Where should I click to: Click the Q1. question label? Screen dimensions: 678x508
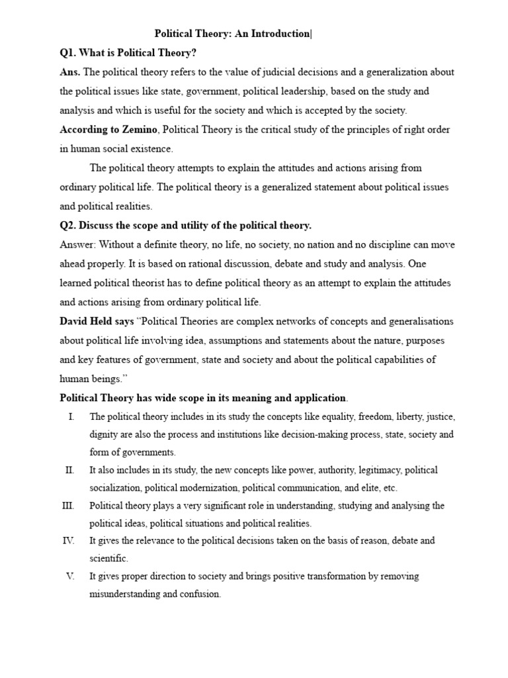69,53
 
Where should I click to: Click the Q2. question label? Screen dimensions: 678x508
69,225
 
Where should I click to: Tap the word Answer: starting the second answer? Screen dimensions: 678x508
77,244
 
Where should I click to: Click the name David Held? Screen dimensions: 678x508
85,321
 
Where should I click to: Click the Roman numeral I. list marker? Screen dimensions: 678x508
71,417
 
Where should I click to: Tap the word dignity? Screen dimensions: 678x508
105,435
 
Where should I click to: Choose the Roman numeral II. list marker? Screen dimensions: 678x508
69,470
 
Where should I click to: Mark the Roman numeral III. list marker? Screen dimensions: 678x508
69,506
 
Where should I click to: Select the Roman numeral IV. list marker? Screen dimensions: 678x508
68,541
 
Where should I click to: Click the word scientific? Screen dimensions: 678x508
108,558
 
